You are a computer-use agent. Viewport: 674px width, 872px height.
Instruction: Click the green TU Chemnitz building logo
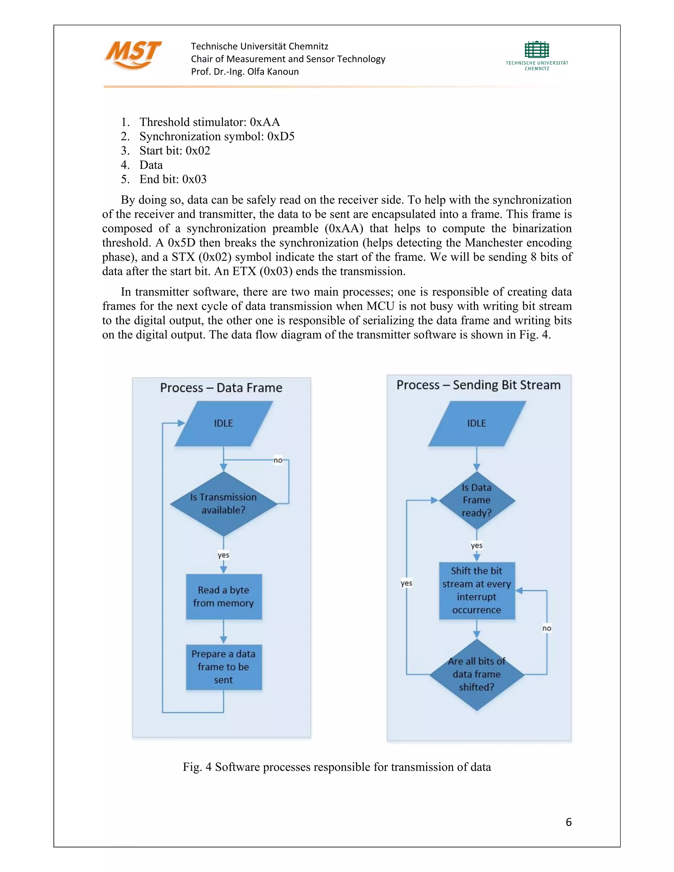(537, 50)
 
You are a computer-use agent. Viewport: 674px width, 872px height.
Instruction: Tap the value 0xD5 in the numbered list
(281, 137)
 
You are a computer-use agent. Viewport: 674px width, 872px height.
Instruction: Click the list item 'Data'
(151, 165)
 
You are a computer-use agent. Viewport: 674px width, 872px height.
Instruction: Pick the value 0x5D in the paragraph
(181, 243)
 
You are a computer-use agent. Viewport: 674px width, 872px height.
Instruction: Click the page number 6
(569, 822)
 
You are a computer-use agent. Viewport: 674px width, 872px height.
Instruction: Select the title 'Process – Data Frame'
(221, 388)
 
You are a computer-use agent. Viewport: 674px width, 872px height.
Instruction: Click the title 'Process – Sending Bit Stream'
(478, 385)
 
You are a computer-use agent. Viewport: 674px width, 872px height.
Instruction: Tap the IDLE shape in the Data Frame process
(223, 423)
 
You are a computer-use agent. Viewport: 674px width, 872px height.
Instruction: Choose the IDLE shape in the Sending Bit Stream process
(477, 423)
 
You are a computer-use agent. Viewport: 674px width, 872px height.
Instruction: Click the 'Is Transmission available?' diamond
(223, 503)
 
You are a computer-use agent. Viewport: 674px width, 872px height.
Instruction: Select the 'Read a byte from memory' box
(223, 597)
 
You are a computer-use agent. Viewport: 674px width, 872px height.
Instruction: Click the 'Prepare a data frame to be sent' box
(223, 667)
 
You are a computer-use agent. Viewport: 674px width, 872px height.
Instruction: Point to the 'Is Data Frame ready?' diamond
(477, 500)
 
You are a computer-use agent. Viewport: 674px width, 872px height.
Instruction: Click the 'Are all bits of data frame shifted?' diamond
(477, 674)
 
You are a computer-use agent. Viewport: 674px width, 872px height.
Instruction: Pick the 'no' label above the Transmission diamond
(278, 460)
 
